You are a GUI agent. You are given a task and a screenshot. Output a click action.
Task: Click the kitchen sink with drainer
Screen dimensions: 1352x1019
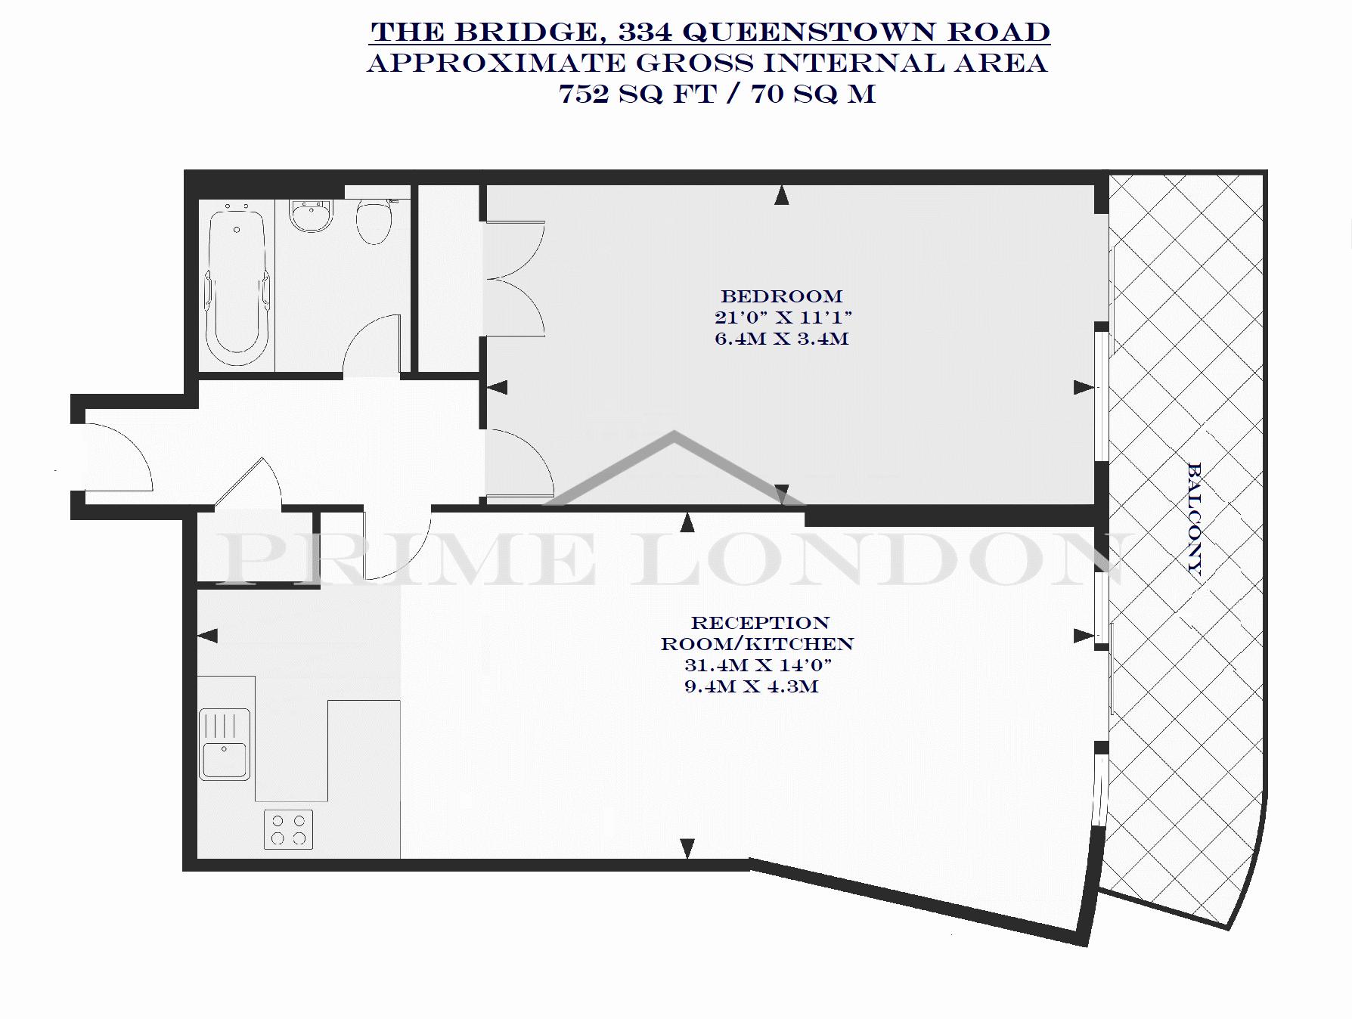point(225,744)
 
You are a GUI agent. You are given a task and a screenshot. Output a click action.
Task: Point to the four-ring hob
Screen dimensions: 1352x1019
point(288,829)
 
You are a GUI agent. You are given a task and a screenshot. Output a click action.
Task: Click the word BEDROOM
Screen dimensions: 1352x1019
point(781,296)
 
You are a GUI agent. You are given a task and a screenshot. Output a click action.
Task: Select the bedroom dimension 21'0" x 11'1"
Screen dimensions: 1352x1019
point(783,317)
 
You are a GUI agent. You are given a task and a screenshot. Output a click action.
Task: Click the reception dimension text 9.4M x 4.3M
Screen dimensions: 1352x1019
point(751,687)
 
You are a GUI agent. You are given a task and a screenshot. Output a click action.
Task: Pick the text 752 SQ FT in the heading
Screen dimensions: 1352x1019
point(637,94)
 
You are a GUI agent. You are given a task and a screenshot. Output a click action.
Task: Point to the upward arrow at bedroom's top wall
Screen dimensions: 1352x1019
point(782,196)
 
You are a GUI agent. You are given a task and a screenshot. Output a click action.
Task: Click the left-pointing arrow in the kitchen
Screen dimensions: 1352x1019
point(208,636)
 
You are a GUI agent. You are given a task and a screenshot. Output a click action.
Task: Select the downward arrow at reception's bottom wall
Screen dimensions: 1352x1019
point(687,848)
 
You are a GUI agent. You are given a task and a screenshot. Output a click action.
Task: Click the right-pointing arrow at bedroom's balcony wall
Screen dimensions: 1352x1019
point(1084,387)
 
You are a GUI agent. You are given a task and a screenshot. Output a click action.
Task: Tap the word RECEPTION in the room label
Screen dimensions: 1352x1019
point(760,623)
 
